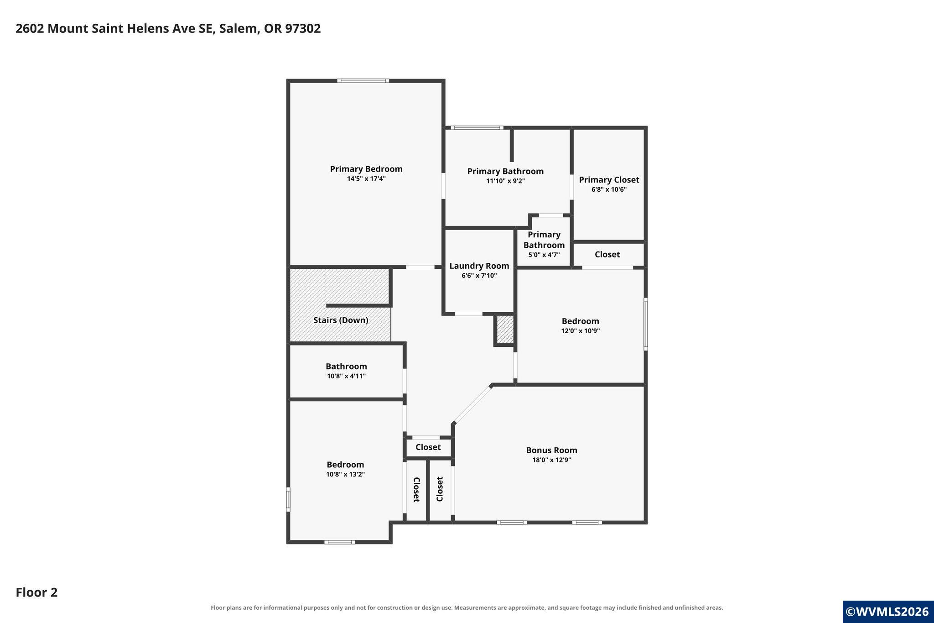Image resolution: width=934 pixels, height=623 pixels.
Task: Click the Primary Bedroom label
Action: [x=366, y=169]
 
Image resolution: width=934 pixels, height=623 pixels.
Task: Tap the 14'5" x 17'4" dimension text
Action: [x=366, y=179]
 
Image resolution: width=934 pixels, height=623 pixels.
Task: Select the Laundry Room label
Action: [x=479, y=266]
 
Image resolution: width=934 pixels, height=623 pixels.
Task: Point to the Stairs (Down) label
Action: [x=341, y=320]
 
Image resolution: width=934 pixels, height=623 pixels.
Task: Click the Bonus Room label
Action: [x=551, y=450]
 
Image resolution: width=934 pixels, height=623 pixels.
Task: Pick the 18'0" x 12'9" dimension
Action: [x=551, y=460]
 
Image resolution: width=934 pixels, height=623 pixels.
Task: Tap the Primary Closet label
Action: [x=609, y=180]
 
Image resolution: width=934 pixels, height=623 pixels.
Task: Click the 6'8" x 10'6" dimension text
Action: [x=609, y=189]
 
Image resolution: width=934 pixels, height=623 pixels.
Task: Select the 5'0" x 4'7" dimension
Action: [x=544, y=255]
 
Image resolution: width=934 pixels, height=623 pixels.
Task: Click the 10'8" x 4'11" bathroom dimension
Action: [x=346, y=376]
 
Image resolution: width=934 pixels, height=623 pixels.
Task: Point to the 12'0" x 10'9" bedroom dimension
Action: [x=580, y=331]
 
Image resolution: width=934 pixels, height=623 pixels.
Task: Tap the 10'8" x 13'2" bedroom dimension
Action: [x=345, y=475]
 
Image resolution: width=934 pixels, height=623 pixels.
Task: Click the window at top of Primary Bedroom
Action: [x=363, y=81]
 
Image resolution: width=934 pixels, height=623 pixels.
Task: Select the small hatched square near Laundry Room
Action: [x=504, y=330]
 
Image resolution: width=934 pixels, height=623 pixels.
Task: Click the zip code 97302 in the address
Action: [x=303, y=28]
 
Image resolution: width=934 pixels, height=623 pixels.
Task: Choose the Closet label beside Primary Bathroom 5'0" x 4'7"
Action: [x=607, y=254]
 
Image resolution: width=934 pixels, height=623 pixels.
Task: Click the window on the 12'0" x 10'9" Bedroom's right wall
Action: [x=646, y=325]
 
